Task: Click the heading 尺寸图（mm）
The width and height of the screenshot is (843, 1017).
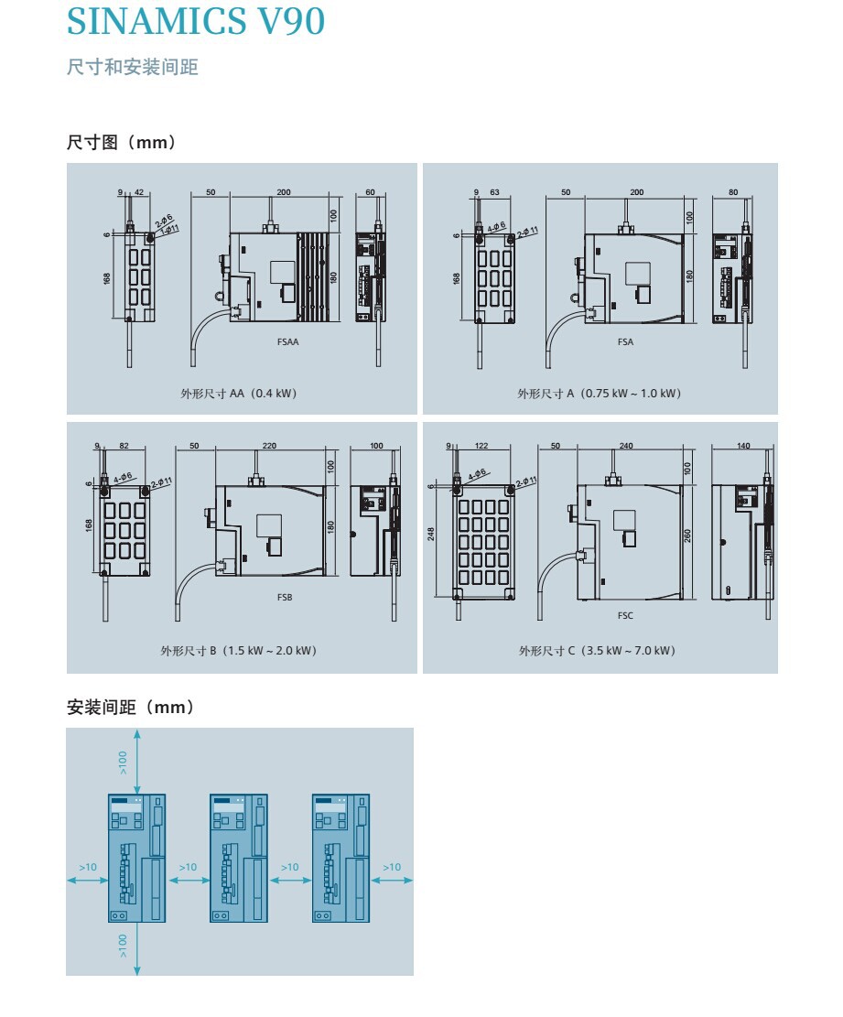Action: click(122, 143)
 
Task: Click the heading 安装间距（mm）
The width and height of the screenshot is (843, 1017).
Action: click(131, 708)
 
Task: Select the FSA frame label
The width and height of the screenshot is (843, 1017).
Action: click(625, 342)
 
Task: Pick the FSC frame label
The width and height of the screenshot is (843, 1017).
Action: click(625, 615)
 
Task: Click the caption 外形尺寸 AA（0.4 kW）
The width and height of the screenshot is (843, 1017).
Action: click(239, 394)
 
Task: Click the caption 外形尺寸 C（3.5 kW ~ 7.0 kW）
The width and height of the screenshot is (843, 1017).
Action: click(597, 651)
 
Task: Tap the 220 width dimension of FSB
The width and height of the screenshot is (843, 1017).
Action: click(269, 446)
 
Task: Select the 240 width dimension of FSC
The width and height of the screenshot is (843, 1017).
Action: click(626, 446)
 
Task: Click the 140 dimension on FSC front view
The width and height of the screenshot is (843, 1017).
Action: click(743, 446)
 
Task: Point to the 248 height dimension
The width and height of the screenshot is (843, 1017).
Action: click(431, 533)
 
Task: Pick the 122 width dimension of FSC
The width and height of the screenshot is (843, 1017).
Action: click(481, 446)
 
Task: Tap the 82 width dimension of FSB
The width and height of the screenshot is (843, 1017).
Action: click(124, 446)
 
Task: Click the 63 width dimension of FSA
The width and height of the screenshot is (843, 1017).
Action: click(494, 193)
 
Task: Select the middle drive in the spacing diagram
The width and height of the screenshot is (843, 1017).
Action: click(239, 857)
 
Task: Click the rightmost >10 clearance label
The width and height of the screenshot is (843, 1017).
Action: click(392, 867)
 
